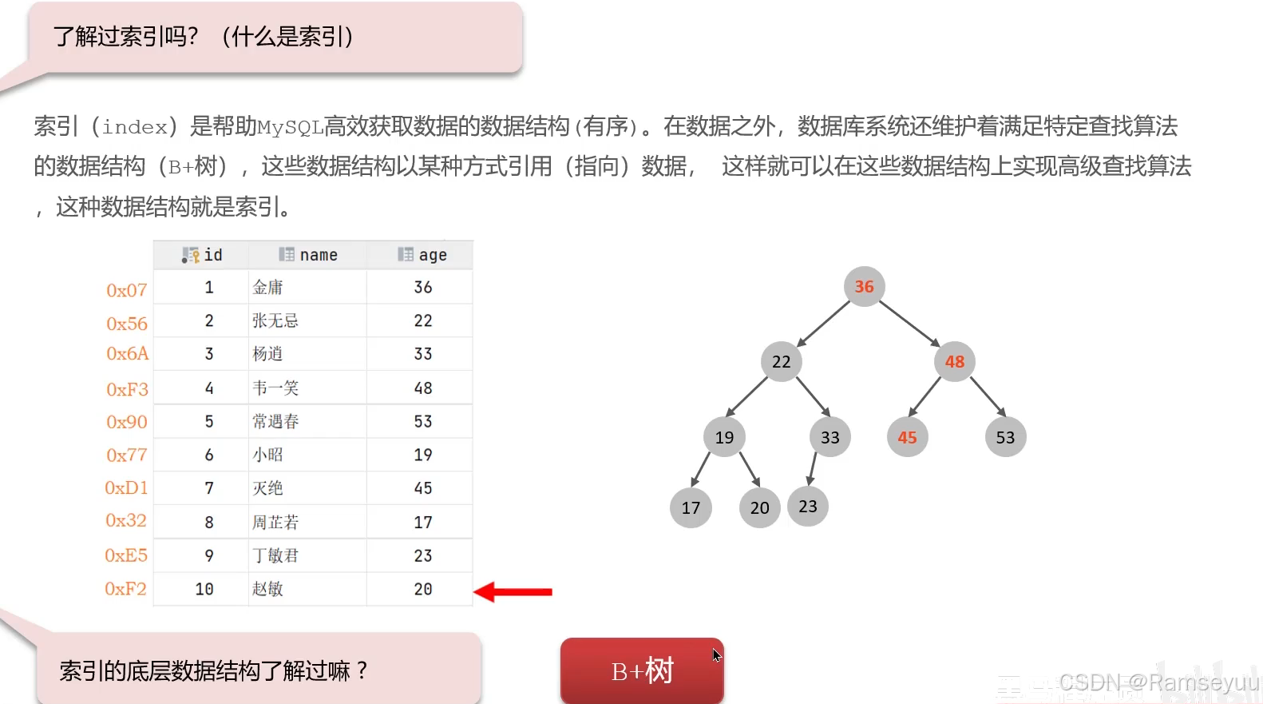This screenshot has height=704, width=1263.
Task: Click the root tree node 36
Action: (864, 286)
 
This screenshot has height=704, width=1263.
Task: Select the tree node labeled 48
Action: (955, 361)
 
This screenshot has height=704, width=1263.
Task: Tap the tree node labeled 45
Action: (907, 437)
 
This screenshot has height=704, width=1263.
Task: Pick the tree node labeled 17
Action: (691, 507)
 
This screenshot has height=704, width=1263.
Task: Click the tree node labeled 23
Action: (808, 506)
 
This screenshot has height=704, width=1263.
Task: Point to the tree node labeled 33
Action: (830, 437)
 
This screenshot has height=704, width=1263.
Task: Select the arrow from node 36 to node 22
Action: (823, 324)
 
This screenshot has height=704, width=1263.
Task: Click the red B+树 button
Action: (642, 670)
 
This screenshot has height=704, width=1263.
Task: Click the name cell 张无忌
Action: (275, 320)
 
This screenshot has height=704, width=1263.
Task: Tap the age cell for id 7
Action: (423, 488)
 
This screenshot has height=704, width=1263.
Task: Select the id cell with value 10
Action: (204, 589)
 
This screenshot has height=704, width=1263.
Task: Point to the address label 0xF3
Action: (128, 389)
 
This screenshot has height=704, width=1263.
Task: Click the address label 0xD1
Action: (127, 487)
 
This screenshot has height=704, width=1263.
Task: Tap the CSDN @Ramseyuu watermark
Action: (1158, 682)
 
